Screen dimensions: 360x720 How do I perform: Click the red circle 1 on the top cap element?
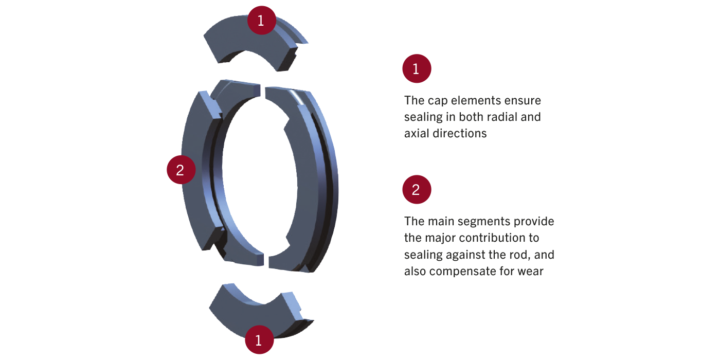click(261, 21)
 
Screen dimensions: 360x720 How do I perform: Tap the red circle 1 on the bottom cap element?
click(259, 339)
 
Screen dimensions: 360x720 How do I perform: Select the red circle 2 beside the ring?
click(181, 170)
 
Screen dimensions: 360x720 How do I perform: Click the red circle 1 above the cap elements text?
click(416, 69)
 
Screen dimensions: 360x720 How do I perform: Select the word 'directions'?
click(461, 133)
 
